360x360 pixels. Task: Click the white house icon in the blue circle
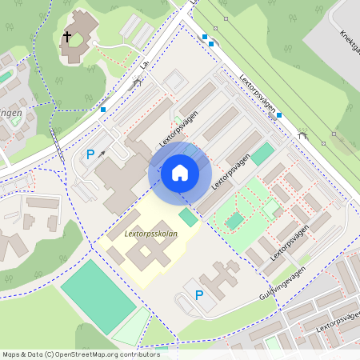click(180, 172)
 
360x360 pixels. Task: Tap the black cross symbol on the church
click(68, 37)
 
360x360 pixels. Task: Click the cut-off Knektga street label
click(350, 45)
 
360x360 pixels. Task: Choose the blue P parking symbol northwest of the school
click(90, 154)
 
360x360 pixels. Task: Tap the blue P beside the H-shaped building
click(199, 295)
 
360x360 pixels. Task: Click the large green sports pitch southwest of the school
click(98, 291)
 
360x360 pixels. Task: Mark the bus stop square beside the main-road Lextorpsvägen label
click(279, 115)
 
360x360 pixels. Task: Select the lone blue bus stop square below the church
click(103, 109)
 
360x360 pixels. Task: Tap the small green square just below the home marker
click(187, 217)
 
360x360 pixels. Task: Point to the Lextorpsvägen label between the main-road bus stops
click(257, 94)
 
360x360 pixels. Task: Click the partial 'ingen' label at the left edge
click(10, 113)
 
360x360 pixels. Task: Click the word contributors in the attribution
click(142, 354)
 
